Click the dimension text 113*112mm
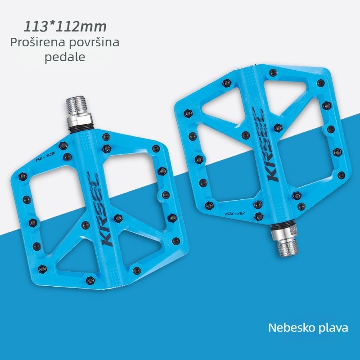65,27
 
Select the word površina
94,42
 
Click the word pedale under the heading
65,57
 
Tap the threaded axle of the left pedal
76,106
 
